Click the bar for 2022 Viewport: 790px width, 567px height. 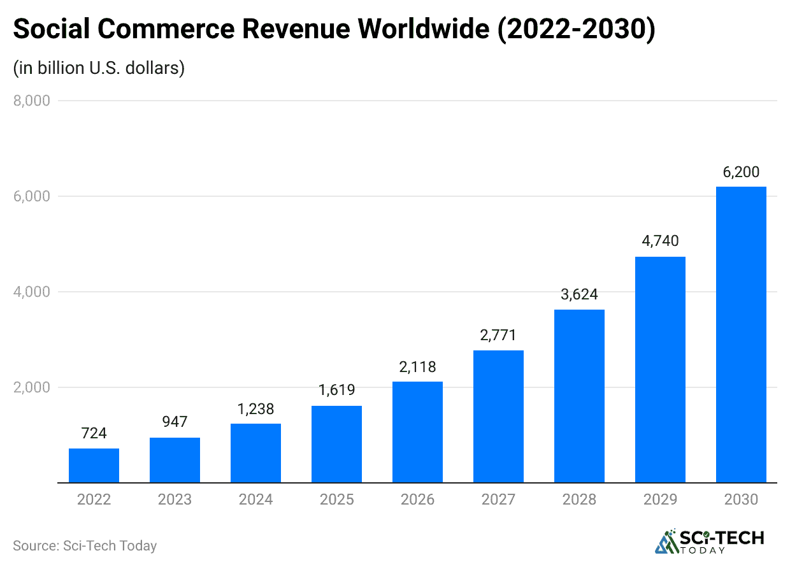point(94,466)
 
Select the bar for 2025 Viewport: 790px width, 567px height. point(336,444)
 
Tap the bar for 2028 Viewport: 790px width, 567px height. point(579,396)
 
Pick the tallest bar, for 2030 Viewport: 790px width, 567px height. point(741,334)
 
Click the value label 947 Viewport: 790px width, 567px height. point(175,422)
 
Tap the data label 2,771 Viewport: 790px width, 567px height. point(498,335)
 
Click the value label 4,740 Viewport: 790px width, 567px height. point(660,241)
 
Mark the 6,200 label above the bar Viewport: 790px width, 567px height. point(741,171)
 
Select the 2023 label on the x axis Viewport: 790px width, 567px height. point(175,499)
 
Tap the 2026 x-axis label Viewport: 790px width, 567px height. point(417,499)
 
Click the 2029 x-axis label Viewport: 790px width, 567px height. point(660,499)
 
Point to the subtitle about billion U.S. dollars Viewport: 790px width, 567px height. point(99,68)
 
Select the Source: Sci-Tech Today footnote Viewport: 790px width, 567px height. point(85,546)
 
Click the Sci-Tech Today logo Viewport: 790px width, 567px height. point(710,541)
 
